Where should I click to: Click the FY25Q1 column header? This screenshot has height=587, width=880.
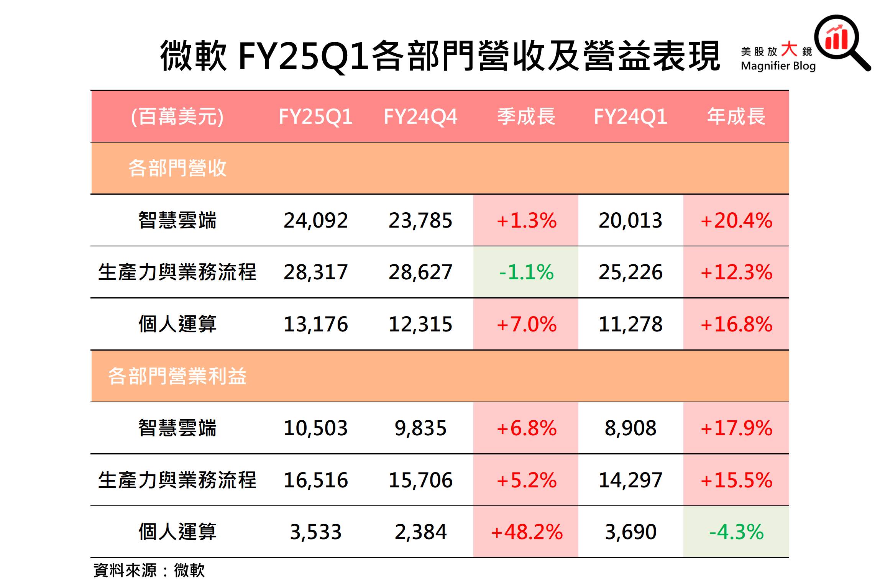(315, 116)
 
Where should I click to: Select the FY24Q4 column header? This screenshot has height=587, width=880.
(420, 116)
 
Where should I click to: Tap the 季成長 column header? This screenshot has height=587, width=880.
(526, 116)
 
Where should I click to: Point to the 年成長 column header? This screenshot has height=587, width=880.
(736, 116)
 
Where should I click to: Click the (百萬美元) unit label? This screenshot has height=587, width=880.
(177, 116)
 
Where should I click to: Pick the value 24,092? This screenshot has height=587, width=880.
(315, 220)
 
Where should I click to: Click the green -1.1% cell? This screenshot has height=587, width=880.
(526, 272)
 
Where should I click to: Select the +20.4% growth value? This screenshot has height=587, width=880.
(736, 220)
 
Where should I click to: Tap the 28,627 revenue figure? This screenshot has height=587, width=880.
(420, 272)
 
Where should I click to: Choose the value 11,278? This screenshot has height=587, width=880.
(630, 324)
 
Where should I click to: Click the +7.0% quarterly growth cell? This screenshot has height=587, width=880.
(526, 324)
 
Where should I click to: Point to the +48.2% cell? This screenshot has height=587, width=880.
(526, 532)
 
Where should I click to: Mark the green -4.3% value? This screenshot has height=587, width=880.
(736, 532)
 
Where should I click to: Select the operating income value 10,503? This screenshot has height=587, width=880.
(315, 428)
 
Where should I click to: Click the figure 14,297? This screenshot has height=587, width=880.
(630, 480)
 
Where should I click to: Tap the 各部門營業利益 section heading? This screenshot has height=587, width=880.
(177, 376)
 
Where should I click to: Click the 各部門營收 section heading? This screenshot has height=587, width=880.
(177, 168)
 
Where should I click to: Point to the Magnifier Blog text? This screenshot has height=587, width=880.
(778, 66)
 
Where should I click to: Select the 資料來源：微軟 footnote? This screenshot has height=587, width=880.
(149, 571)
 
